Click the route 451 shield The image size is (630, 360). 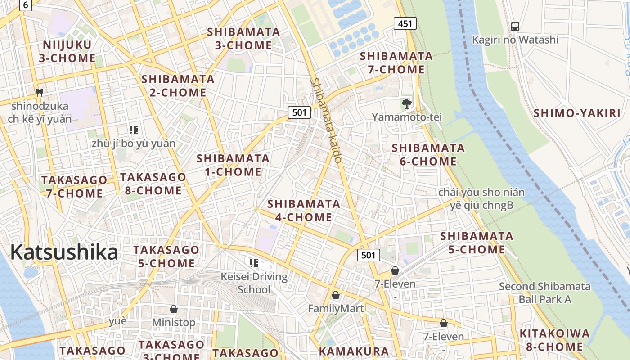click(405, 23)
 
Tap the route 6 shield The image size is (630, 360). click(26, 5)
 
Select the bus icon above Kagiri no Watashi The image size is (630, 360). click(515, 27)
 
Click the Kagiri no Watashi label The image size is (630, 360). click(515, 40)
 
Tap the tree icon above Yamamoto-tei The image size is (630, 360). click(407, 104)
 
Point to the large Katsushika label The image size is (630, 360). click(64, 252)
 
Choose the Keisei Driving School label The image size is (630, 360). click(254, 283)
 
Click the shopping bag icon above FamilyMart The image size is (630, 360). click(335, 295)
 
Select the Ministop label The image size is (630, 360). click(174, 323)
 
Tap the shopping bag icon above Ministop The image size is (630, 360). click(174, 309)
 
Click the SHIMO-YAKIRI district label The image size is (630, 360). click(577, 113)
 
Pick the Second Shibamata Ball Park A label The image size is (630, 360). click(545, 292)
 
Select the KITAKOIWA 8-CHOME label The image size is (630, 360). click(554, 340)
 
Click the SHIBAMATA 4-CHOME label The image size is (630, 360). click(304, 211)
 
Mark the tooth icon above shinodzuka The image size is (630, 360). click(40, 92)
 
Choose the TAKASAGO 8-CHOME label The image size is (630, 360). click(153, 184)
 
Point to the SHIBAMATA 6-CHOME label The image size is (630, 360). click(428, 154)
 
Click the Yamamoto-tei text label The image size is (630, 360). click(407, 117)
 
